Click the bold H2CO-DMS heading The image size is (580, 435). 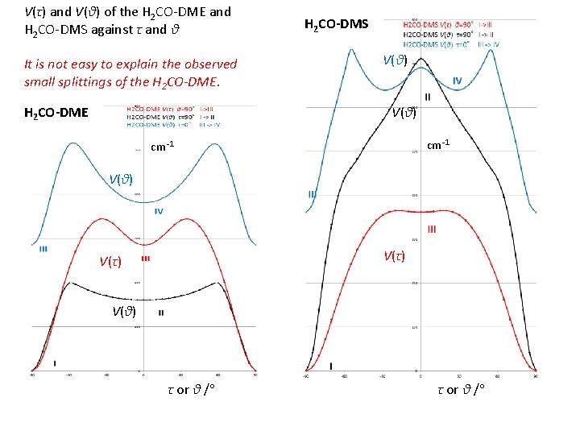click(x=336, y=24)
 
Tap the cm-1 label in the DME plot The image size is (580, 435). click(x=163, y=147)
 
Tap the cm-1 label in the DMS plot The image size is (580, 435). click(x=438, y=145)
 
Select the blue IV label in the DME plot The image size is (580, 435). click(x=159, y=211)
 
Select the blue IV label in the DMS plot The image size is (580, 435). click(x=457, y=81)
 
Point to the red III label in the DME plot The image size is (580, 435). click(x=145, y=259)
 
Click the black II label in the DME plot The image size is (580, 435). click(x=161, y=313)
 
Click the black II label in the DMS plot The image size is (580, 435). click(x=427, y=97)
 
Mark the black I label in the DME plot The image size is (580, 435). click(x=55, y=363)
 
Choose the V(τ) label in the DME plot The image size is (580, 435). click(x=110, y=261)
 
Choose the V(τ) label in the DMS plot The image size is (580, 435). click(x=394, y=256)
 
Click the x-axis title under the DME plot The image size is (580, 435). click(x=194, y=390)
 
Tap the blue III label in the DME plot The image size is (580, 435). click(x=43, y=249)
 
